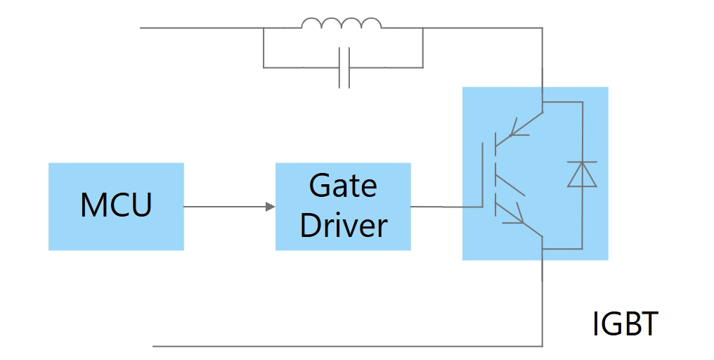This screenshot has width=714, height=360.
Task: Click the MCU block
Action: (116, 206)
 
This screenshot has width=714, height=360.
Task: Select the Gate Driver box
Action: (343, 206)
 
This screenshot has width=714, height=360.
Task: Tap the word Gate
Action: (343, 186)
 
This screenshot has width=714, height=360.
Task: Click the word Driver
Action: (343, 226)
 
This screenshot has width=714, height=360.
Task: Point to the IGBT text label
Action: (625, 324)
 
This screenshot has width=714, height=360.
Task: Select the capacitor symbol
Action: (344, 67)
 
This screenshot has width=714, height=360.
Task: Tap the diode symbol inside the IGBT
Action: (582, 174)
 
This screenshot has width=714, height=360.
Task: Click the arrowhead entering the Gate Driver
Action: (270, 207)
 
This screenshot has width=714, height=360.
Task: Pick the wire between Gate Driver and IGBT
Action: (436, 207)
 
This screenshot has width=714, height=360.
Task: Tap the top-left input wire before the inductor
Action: (200, 28)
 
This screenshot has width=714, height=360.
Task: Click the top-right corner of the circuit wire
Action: (542, 28)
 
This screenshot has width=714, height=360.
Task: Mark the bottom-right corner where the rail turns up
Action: (542, 346)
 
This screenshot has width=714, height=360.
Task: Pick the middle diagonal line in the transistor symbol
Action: (512, 184)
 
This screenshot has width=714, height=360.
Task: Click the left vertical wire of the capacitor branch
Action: (264, 48)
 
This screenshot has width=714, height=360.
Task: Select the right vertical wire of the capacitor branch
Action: (423, 48)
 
